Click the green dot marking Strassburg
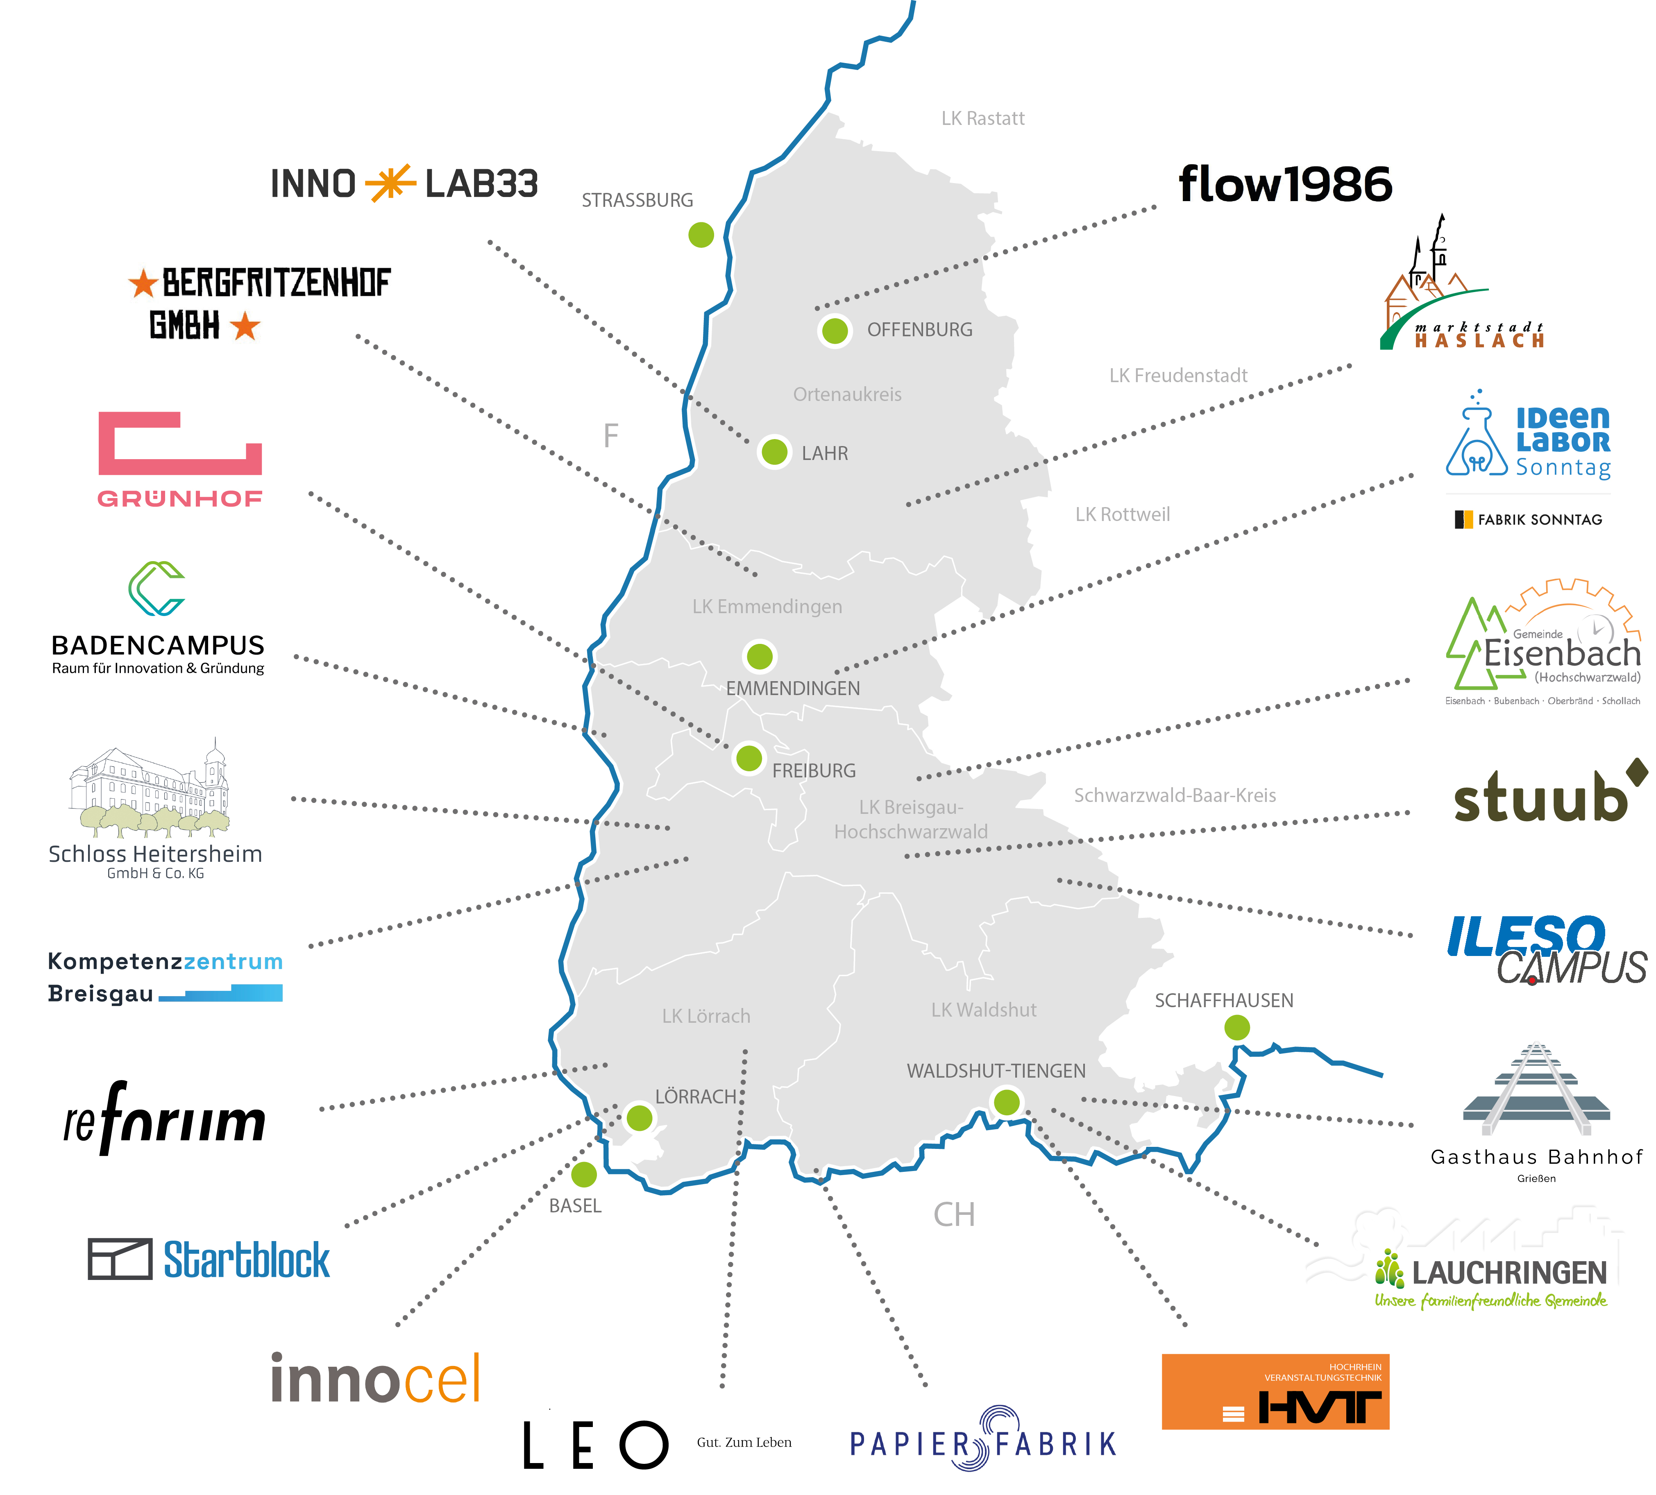pyautogui.click(x=701, y=235)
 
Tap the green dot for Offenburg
pyautogui.click(x=835, y=331)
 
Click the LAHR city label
pyautogui.click(x=825, y=453)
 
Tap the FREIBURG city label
pyautogui.click(x=813, y=770)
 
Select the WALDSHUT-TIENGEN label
pyautogui.click(x=996, y=1071)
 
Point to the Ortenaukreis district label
pyautogui.click(x=847, y=394)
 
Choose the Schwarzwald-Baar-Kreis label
pyautogui.click(x=1175, y=795)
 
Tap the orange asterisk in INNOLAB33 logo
pyautogui.click(x=390, y=183)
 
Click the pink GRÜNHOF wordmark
pyautogui.click(x=180, y=498)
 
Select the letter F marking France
pyautogui.click(x=610, y=435)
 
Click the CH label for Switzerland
pyautogui.click(x=954, y=1214)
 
